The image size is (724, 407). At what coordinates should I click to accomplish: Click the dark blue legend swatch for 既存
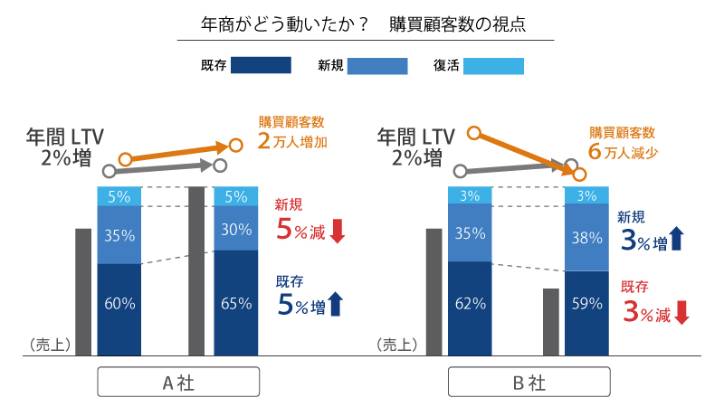261,65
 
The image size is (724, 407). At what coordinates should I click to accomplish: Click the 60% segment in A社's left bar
119,304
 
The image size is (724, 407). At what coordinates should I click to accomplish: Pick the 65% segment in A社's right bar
235,304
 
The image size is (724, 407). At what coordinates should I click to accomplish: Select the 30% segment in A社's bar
235,230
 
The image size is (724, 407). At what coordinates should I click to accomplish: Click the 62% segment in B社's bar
471,304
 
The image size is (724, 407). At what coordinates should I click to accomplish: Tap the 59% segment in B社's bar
586,304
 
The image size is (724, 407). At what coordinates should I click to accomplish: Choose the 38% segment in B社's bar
586,239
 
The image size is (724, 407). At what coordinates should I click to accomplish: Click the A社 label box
177,383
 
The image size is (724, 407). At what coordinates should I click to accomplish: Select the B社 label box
529,383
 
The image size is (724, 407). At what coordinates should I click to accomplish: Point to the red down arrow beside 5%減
338,230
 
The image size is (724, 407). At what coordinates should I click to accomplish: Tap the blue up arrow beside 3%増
677,240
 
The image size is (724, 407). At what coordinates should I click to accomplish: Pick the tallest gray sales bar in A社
196,271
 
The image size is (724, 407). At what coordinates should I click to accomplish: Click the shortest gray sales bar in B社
550,322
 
